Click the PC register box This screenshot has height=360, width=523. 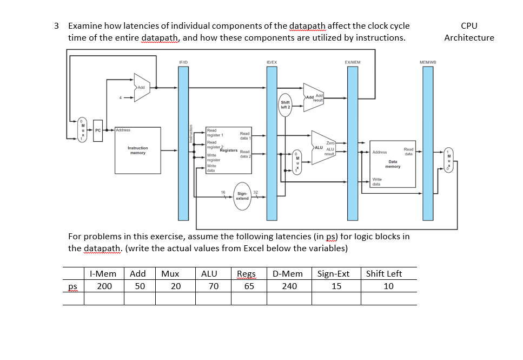(x=98, y=130)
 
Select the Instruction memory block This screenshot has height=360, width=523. (x=137, y=149)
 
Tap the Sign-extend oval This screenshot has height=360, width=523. (x=242, y=195)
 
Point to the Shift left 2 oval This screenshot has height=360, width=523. (x=286, y=104)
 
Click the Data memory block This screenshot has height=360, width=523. (x=393, y=163)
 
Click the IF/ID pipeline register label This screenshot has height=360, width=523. (x=183, y=63)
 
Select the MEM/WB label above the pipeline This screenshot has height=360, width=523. (x=428, y=63)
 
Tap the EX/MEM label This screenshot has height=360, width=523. (x=353, y=63)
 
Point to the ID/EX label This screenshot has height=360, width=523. (x=272, y=63)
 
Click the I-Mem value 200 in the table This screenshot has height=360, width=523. (x=104, y=286)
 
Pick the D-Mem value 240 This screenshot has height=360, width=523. (x=289, y=286)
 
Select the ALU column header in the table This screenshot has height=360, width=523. (x=209, y=273)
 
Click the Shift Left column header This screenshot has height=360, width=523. (x=384, y=273)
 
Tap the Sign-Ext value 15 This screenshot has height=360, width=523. (x=336, y=286)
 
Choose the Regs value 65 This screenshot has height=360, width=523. (x=249, y=286)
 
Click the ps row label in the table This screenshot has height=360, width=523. (x=72, y=286)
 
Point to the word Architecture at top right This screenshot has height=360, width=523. (x=469, y=37)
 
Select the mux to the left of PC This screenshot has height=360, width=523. (x=82, y=130)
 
